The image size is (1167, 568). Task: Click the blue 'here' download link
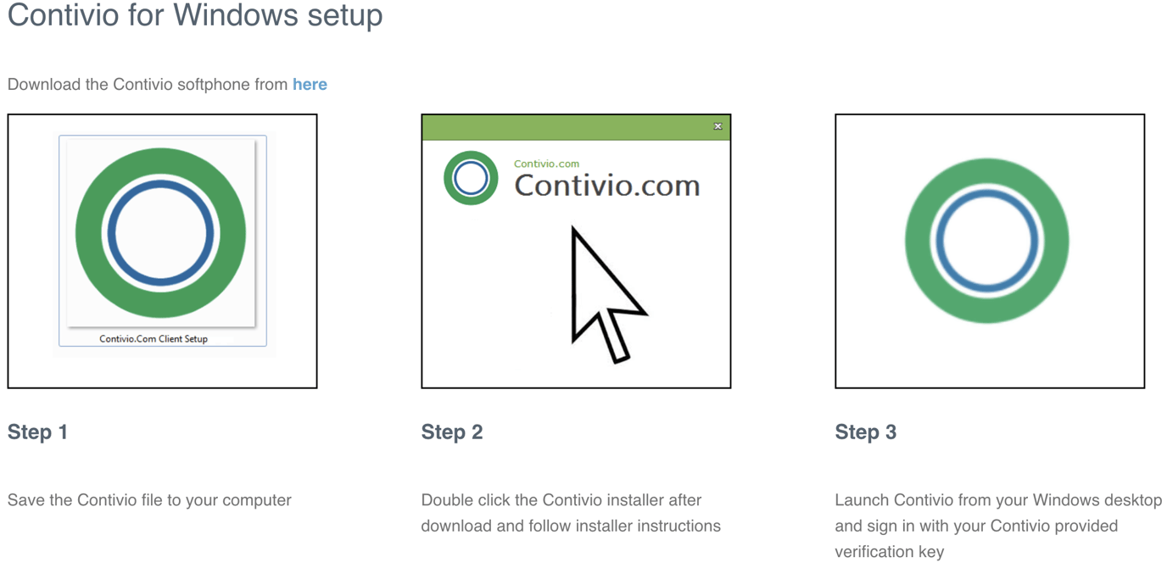tap(310, 85)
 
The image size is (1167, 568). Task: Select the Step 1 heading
tap(37, 432)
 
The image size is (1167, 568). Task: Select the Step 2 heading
tap(452, 432)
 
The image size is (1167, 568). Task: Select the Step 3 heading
tap(866, 432)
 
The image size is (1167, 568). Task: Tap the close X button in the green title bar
tap(718, 126)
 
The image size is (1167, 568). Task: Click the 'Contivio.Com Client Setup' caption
tap(154, 339)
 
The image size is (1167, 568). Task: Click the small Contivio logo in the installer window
tap(471, 178)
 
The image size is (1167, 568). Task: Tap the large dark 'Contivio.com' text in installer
tap(607, 186)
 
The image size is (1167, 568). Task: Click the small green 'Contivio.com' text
tap(546, 164)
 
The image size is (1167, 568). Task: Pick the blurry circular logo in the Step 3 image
tap(987, 241)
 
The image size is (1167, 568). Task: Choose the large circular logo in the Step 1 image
tap(161, 233)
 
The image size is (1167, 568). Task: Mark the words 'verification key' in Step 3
tap(889, 552)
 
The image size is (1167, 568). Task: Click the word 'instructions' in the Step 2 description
tap(676, 526)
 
